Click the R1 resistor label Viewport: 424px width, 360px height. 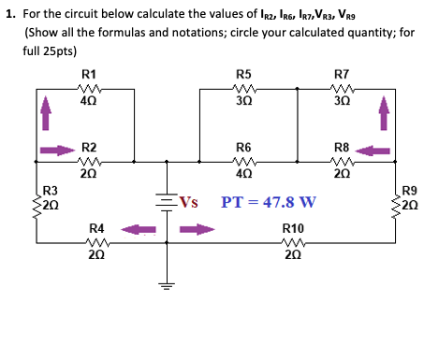89,73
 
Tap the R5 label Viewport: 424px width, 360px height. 243,73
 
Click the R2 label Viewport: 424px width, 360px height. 89,148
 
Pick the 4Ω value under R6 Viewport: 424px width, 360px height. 243,174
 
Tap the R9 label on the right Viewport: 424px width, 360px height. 409,191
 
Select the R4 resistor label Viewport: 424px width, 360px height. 96,227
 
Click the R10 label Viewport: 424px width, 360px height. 292,227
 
